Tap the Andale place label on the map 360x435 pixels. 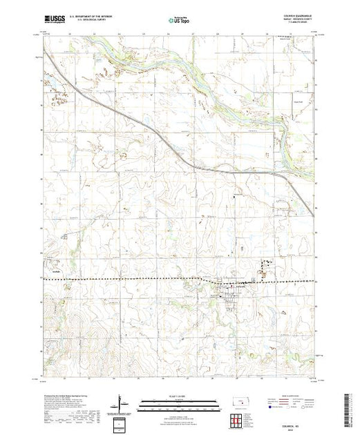[55, 273]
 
